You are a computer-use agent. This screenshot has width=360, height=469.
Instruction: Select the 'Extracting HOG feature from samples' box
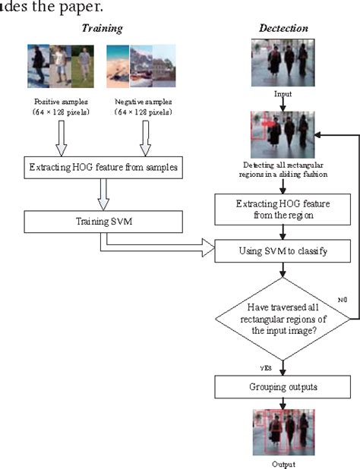coord(106,168)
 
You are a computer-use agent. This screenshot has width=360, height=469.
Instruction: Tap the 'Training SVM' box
coord(106,222)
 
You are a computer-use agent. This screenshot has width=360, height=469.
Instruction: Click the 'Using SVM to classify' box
coord(282,248)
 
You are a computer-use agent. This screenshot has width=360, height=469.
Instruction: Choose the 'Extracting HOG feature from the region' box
coord(282,207)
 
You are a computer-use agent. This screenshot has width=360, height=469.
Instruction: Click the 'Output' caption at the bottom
coord(282,463)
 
